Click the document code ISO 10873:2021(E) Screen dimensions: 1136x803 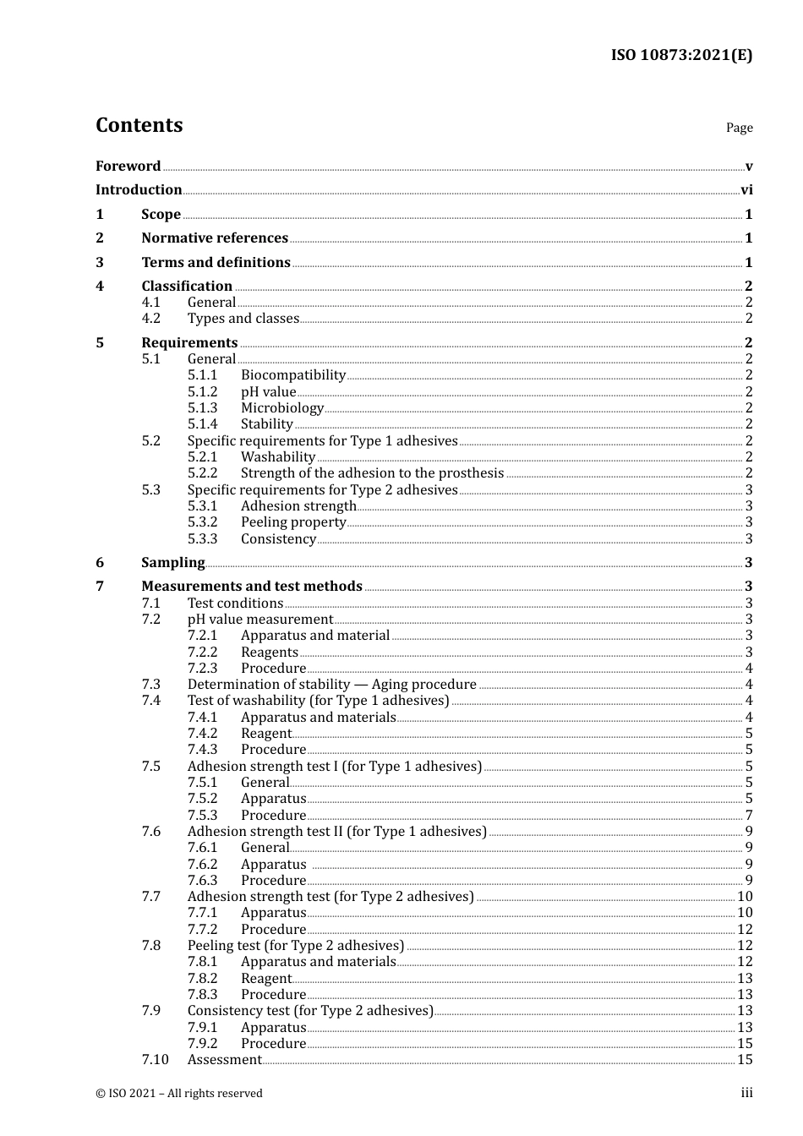pyautogui.click(x=681, y=56)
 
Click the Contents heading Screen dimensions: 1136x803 pyautogui.click(x=139, y=125)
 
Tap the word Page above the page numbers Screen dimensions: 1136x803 pyautogui.click(x=739, y=128)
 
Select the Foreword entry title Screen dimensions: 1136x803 pyautogui.click(x=128, y=167)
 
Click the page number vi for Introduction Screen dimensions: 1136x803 pyautogui.click(x=746, y=190)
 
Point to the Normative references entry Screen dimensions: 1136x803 pyautogui.click(x=215, y=238)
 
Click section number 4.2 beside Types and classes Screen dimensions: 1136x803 pyautogui.click(x=151, y=319)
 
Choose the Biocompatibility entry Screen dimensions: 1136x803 pyautogui.click(x=292, y=375)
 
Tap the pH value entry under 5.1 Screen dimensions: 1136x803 pyautogui.click(x=268, y=392)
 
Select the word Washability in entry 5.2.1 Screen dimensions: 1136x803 pyautogui.click(x=277, y=457)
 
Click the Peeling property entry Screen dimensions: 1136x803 pyautogui.click(x=292, y=522)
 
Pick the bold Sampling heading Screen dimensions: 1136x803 pyautogui.click(x=172, y=563)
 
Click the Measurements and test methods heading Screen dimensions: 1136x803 pyautogui.click(x=251, y=587)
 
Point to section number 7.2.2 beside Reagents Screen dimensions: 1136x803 pyautogui.click(x=202, y=653)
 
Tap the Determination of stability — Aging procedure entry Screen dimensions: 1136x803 pyautogui.click(x=331, y=685)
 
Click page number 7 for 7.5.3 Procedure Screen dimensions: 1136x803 pyautogui.click(x=749, y=816)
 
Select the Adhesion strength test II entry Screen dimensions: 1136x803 pyautogui.click(x=336, y=832)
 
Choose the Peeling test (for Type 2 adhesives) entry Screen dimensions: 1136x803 pyautogui.click(x=295, y=946)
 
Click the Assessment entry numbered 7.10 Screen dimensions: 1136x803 pyautogui.click(x=224, y=1060)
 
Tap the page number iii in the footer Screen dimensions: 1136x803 pyautogui.click(x=746, y=1093)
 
